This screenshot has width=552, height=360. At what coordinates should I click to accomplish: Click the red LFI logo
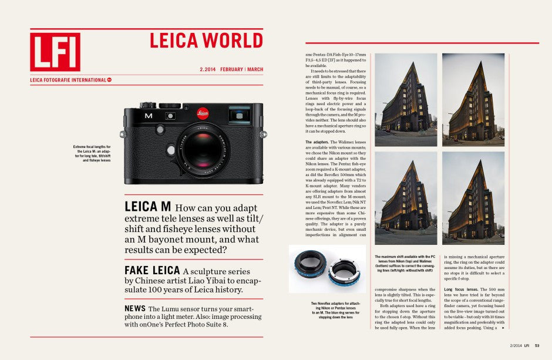tap(55, 52)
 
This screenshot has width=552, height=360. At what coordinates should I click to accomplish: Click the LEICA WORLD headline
tap(206, 41)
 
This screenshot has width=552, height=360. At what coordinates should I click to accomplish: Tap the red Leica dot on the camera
tap(202, 113)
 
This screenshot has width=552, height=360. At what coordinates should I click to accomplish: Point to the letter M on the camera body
tap(149, 116)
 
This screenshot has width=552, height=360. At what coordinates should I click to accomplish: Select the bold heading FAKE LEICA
tap(151, 270)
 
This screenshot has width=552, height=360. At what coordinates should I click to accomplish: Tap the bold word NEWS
tap(135, 308)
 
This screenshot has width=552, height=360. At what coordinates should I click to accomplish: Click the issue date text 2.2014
tap(207, 69)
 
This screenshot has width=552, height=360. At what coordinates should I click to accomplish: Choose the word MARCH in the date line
tap(255, 69)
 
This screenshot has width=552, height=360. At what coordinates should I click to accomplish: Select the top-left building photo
tap(405, 100)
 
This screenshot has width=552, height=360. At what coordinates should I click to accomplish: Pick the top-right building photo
tap(473, 100)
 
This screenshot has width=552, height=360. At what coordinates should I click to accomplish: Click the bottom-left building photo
tap(405, 198)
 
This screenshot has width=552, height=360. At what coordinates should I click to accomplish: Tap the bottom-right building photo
tap(473, 198)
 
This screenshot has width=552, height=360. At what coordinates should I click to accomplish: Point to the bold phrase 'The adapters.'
tap(317, 142)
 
